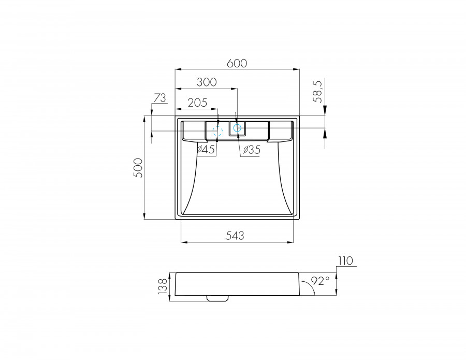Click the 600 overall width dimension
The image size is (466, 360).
[x=237, y=63]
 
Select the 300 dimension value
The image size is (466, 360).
[x=206, y=82]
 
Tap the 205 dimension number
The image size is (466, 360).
[x=197, y=103]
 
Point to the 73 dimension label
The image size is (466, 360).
[x=159, y=97]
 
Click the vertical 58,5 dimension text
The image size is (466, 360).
[x=318, y=91]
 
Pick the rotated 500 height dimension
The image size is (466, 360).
[x=137, y=168]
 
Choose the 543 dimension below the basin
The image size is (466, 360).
[x=235, y=235]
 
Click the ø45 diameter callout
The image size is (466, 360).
[x=206, y=150]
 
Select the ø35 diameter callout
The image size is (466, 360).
[x=251, y=150]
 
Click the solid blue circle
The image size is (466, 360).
[x=238, y=127]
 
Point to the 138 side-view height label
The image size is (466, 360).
[x=163, y=285]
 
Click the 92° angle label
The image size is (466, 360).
[x=320, y=281]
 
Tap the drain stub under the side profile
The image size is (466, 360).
[x=217, y=298]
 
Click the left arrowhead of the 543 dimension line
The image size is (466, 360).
[x=183, y=242]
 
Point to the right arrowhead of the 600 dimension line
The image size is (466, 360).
[x=297, y=69]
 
